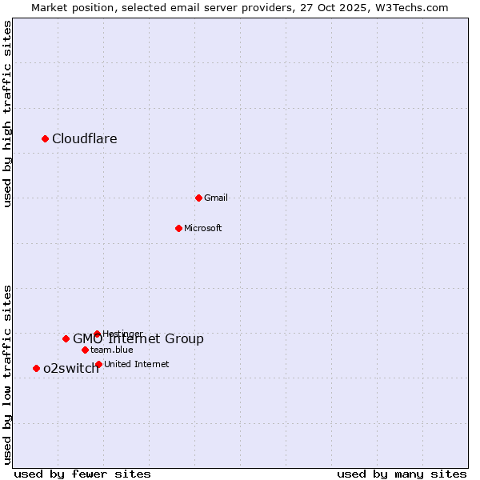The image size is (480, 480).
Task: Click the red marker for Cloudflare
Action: click(x=46, y=139)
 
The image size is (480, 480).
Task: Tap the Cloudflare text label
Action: click(x=85, y=139)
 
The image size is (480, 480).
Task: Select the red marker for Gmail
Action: click(x=199, y=198)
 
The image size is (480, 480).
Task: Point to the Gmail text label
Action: click(x=216, y=198)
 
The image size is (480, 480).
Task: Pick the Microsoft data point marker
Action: click(x=179, y=228)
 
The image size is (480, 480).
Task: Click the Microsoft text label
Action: click(x=203, y=229)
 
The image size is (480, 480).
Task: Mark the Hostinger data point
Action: click(x=98, y=334)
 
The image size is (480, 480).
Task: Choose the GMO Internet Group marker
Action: click(x=66, y=338)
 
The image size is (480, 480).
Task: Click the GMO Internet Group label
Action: click(x=138, y=339)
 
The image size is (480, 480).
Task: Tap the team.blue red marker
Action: click(x=85, y=350)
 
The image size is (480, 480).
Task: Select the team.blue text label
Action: click(x=112, y=350)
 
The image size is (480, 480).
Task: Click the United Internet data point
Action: click(x=98, y=364)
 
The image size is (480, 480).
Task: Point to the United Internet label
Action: click(x=137, y=365)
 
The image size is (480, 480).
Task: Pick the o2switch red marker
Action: click(x=37, y=368)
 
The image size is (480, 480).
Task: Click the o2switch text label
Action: click(x=71, y=369)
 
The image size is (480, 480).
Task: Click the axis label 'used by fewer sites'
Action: click(x=82, y=474)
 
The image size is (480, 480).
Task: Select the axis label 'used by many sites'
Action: click(x=402, y=474)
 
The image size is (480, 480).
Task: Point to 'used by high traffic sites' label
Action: click(x=8, y=114)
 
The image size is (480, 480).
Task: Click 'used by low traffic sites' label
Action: click(x=8, y=374)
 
